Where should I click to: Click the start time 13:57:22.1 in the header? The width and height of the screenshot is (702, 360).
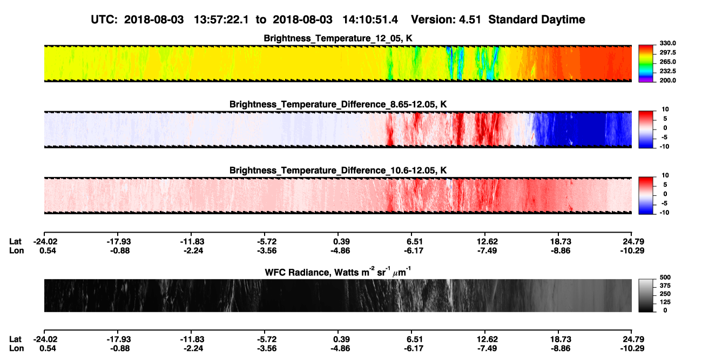coord(221,20)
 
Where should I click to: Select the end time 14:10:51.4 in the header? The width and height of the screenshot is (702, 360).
coord(370,20)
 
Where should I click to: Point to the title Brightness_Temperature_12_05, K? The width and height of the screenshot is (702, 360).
coord(338,38)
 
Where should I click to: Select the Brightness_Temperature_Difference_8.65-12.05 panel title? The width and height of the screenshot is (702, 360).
coord(338,104)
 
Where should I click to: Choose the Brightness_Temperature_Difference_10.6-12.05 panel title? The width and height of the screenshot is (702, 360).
coord(338,171)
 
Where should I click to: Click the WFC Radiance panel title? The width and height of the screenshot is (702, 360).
coord(338,272)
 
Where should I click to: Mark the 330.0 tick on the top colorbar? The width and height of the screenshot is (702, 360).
coord(667,43)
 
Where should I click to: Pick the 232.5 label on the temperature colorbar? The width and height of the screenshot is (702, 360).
coord(667,71)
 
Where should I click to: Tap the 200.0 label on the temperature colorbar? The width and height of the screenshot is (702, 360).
coord(667,80)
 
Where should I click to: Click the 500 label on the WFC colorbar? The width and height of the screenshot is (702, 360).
coord(665,277)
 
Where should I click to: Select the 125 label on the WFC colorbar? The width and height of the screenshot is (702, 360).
coord(665,302)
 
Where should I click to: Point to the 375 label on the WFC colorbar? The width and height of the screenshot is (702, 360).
coord(665,286)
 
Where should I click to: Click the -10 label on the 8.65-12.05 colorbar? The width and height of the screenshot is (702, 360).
coord(664,146)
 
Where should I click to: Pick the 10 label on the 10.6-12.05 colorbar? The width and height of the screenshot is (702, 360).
coord(665,175)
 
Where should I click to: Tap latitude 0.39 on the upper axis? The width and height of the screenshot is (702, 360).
coord(341,242)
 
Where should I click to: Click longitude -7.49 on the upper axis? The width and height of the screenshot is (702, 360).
coord(487,250)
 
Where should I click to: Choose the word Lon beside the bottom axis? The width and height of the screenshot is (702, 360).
coord(16,349)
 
